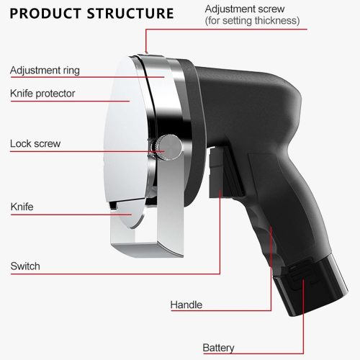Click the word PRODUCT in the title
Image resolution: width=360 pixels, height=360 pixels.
point(45,14)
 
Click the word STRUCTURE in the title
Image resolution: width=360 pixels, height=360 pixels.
point(130,14)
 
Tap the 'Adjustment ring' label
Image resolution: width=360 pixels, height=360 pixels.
point(45,71)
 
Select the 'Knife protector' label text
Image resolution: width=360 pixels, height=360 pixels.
point(42,94)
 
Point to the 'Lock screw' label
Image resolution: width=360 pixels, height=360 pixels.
point(35,143)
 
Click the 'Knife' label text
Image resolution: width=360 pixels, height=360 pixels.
point(22,207)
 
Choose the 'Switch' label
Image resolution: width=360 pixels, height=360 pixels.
point(25,266)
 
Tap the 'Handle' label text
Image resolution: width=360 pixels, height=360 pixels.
point(186,305)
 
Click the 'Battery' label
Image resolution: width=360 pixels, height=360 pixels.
point(218,348)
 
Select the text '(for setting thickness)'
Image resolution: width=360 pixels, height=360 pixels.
point(252,21)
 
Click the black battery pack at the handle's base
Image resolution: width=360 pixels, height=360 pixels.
point(312,286)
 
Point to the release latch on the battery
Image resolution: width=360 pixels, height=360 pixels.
point(301,274)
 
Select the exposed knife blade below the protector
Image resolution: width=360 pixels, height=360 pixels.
point(128,214)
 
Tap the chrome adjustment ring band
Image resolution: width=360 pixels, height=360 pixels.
point(166,96)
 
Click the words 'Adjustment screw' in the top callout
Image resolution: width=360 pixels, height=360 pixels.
point(245,9)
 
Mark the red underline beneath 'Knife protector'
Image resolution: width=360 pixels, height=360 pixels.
point(70,102)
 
